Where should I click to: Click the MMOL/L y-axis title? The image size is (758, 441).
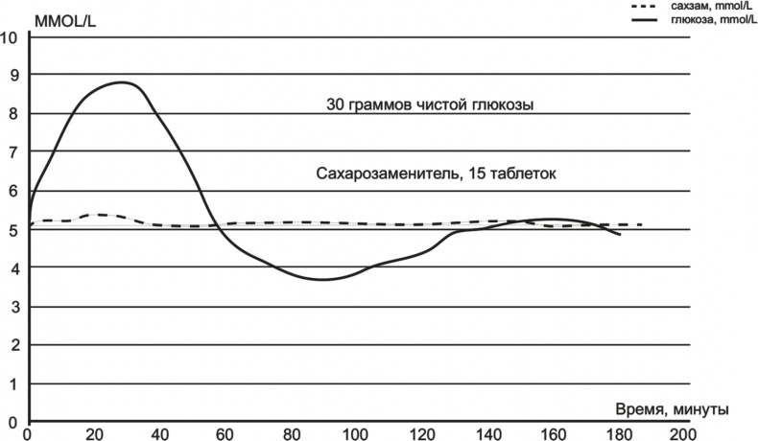(64, 19)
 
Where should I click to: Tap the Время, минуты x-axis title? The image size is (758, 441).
(671, 409)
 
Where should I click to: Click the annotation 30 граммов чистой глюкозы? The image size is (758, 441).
(431, 104)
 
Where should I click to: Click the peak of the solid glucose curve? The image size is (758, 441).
(123, 82)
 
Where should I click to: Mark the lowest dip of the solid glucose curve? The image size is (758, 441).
(323, 280)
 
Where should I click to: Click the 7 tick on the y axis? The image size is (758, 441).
(12, 152)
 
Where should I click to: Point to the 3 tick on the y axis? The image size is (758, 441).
(12, 308)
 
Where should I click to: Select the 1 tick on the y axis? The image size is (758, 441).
(12, 384)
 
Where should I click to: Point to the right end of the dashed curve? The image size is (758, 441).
(641, 225)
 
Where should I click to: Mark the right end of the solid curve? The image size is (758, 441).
(620, 234)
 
